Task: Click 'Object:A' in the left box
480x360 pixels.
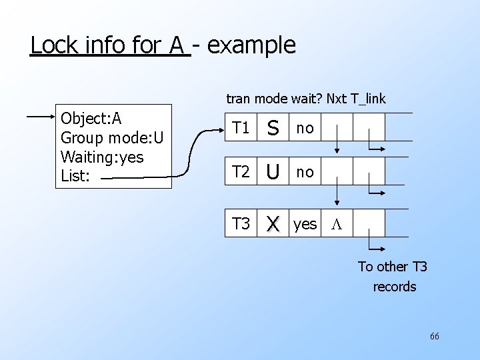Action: [91, 119]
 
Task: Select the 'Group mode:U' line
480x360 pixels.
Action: [112, 138]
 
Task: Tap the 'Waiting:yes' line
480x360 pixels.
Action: [102, 158]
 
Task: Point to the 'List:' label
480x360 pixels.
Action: [75, 177]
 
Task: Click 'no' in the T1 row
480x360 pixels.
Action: [305, 128]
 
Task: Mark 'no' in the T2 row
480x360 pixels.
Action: [305, 173]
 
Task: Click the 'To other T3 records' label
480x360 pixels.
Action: [393, 277]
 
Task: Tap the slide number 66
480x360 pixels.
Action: [434, 336]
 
